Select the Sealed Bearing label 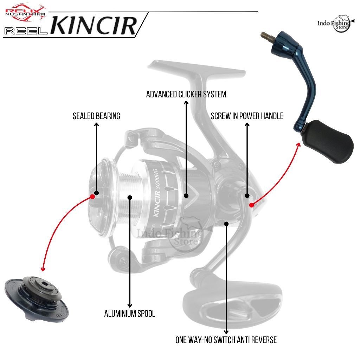tap(96, 116)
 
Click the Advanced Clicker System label tap(186, 94)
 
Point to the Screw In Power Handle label tap(247, 116)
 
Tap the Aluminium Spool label tap(130, 314)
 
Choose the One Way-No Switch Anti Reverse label tap(226, 340)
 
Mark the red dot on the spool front tap(92, 196)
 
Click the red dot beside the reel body tap(251, 205)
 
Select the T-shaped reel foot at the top tap(197, 69)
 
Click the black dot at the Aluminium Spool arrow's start tap(130, 197)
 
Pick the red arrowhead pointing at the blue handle tap(299, 144)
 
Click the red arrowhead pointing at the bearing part tap(43, 269)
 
